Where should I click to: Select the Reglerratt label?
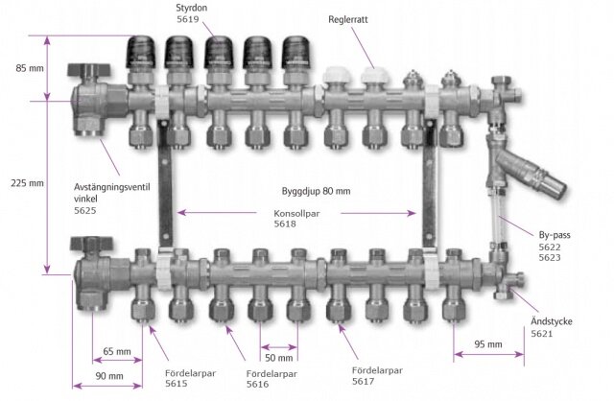tap(348, 19)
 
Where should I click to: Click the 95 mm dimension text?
tap(488, 344)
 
